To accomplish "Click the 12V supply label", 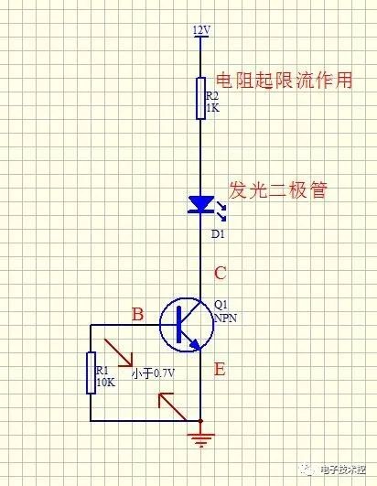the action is point(201,31).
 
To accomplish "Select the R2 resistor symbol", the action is point(200,98).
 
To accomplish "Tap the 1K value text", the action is point(213,108).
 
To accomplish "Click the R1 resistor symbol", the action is point(91,373).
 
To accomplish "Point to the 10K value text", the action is point(105,383).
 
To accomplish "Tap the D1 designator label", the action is point(218,234).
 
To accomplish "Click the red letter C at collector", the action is point(221,273).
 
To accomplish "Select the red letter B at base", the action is point(138,314).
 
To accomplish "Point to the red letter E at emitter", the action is point(220,369).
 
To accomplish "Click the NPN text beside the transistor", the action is point(226,318).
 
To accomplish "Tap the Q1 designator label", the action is point(221,306).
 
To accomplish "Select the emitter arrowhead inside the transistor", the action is point(195,344).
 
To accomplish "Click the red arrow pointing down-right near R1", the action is point(119,352).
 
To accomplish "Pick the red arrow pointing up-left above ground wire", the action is point(172,406).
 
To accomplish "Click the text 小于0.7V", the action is point(153,373).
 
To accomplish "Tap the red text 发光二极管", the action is point(278,190).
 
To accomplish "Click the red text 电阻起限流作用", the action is point(284,81).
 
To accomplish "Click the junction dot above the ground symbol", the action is point(200,421).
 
